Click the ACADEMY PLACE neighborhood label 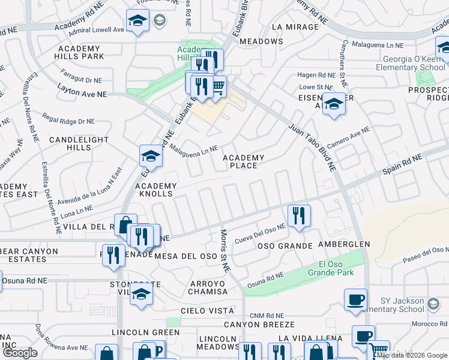click(243, 162)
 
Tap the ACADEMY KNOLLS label click(151, 190)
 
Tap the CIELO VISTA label click(207, 311)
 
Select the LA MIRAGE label click(295, 27)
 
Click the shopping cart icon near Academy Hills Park click(218, 87)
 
